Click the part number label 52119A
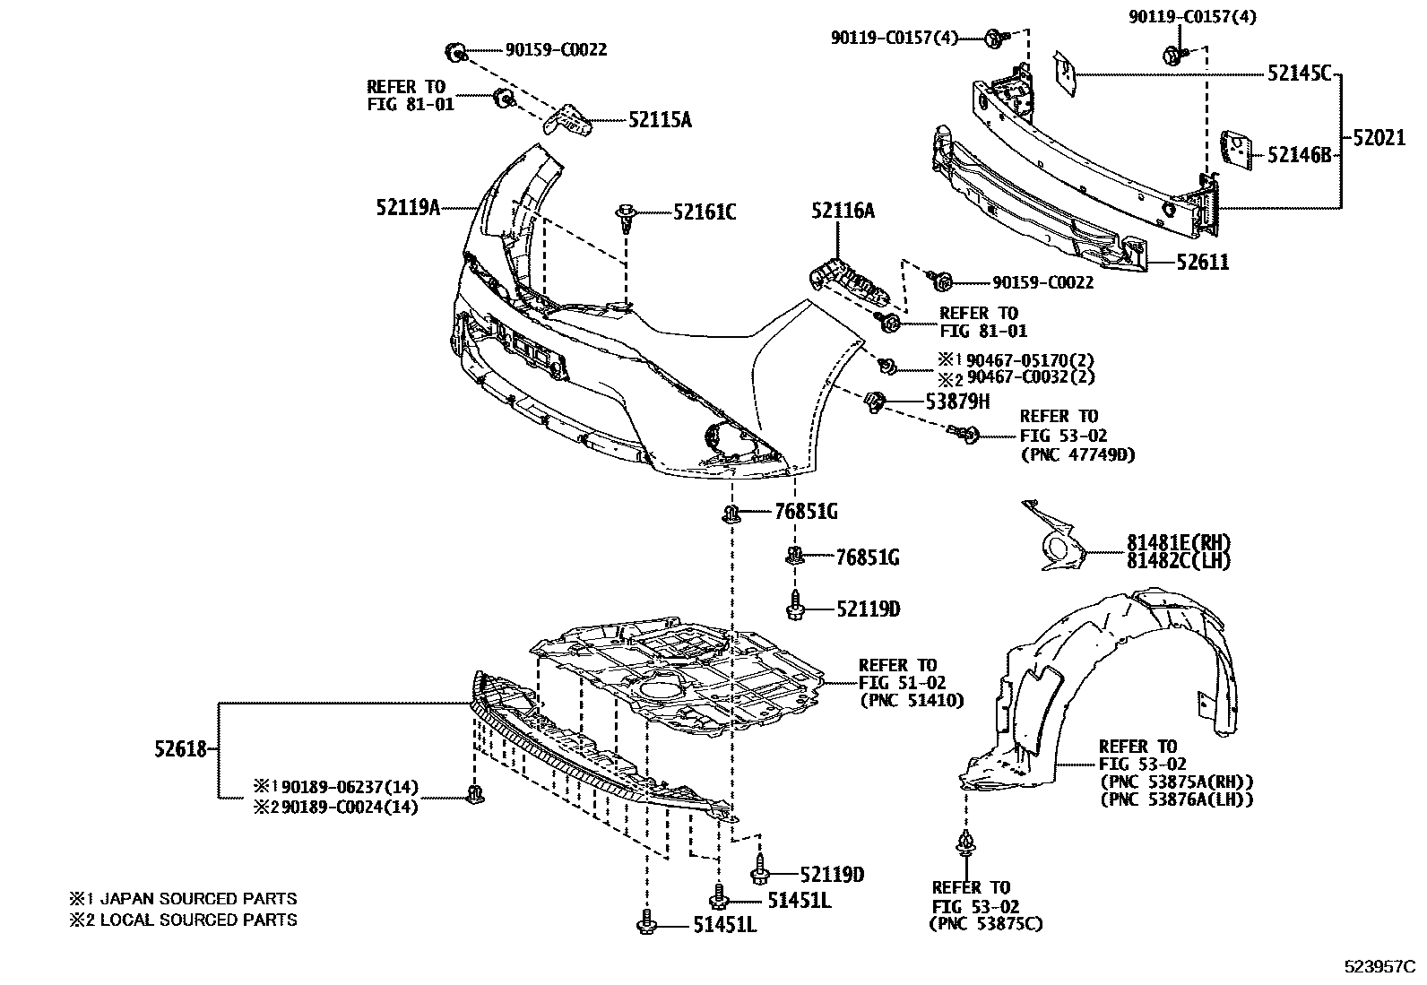408,208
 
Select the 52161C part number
705,212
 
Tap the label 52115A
660,120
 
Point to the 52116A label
843,211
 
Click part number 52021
1379,138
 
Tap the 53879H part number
958,402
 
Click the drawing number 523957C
1379,967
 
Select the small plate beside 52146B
1237,150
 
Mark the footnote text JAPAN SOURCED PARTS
197,898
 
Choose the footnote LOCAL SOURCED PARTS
197,920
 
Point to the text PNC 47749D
1077,454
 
